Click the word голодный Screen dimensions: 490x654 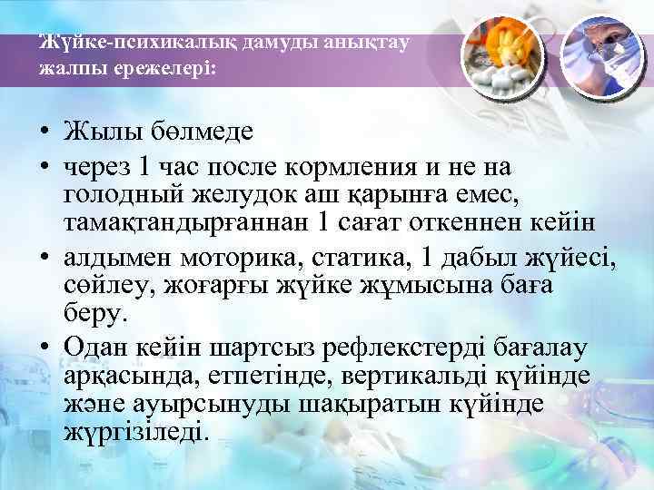[130, 194]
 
